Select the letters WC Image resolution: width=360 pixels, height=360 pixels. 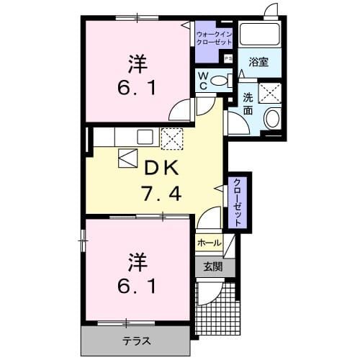[203, 81]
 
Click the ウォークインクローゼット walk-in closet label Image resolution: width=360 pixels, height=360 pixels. [213, 38]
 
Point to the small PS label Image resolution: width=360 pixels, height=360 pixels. [228, 58]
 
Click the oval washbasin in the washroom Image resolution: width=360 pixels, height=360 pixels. [272, 119]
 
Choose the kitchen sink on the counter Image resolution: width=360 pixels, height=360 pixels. [145, 136]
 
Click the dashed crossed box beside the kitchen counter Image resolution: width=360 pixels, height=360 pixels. [172, 137]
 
